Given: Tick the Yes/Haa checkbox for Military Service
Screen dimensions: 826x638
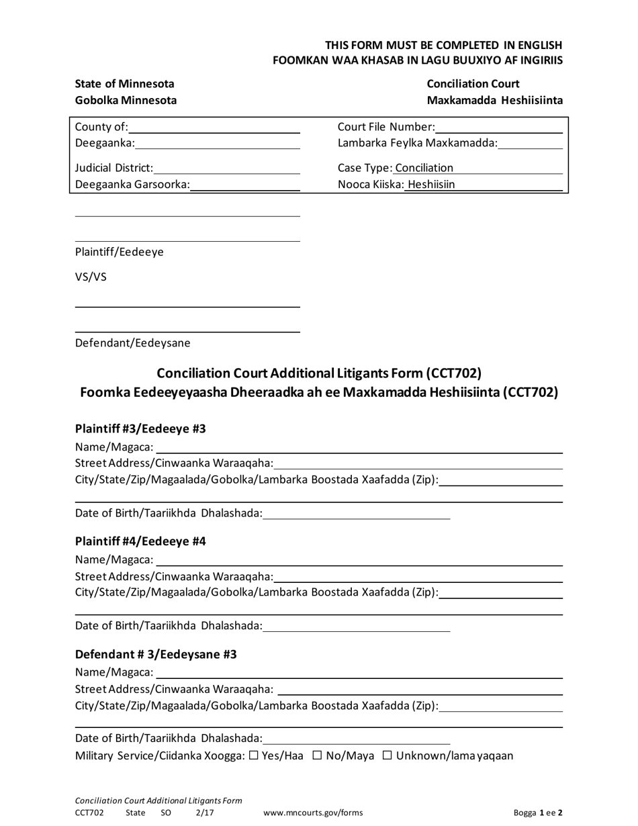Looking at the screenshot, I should pos(254,755).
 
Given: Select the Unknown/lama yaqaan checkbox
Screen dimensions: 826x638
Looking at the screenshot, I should pos(388,755).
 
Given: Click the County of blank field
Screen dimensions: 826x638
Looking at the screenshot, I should pos(214,128).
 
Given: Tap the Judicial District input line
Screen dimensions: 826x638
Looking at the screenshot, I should pos(226,168).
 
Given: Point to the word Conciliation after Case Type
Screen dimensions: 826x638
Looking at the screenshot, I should pos(424,168).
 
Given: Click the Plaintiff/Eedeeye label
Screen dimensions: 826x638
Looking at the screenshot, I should pos(119,252).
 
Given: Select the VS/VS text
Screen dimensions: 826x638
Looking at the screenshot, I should pos(91,277).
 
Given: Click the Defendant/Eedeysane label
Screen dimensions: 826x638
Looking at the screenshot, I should pos(132,343).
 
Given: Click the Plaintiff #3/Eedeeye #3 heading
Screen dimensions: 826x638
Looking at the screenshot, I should pos(140,428).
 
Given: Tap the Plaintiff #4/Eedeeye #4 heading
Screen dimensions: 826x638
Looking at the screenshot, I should pos(140,541).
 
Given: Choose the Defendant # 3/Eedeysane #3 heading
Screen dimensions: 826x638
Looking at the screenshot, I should pos(156,653).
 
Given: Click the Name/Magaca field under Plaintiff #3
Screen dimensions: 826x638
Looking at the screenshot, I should pos(359,447).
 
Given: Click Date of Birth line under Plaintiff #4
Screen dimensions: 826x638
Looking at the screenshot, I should pos(357,626).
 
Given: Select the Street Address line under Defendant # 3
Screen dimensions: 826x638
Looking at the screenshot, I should pos(420,689).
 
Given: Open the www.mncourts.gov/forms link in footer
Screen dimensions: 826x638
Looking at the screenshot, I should pos(313,813).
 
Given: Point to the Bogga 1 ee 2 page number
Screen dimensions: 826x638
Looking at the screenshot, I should pos(538,813).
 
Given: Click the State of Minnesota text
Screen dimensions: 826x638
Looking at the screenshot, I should pos(124,84).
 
